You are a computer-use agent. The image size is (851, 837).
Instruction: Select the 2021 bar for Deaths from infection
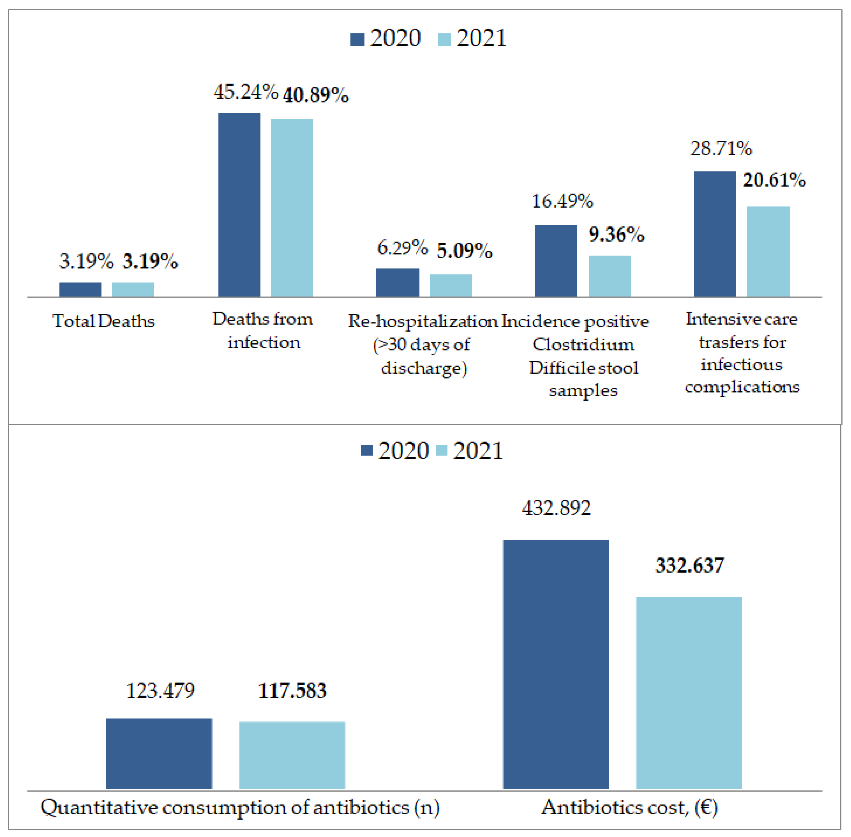(292, 207)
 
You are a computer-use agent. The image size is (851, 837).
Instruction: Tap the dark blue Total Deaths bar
(81, 289)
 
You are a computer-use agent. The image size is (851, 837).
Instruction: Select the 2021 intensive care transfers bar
(768, 251)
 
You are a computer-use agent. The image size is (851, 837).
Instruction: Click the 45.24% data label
(246, 92)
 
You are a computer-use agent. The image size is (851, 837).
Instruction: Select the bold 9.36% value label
(616, 234)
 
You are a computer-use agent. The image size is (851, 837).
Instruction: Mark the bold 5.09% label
(464, 251)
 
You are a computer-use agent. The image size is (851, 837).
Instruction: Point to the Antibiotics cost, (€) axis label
(629, 807)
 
